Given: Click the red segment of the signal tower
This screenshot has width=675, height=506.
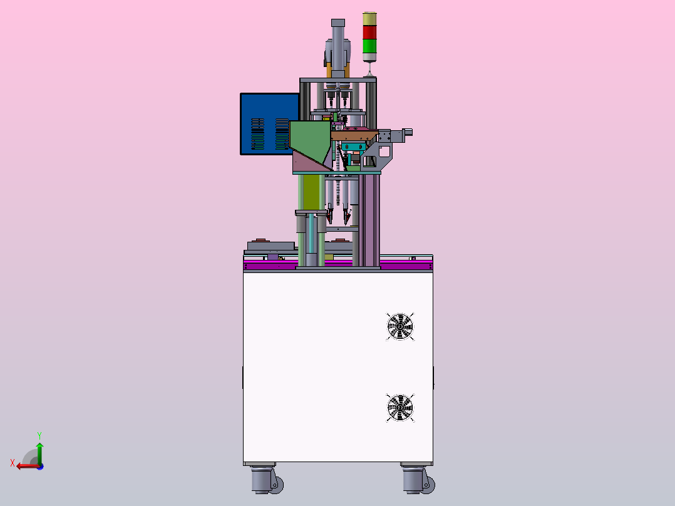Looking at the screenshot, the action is click(369, 33).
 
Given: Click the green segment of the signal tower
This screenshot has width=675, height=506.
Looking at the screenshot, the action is click(369, 46).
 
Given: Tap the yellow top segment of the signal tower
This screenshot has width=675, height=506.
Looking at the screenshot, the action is click(369, 19).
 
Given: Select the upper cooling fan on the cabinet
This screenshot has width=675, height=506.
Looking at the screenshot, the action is click(400, 327).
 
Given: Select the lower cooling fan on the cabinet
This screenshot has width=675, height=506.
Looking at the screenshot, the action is click(400, 408).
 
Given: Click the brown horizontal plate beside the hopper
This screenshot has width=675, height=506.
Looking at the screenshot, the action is click(354, 135).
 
